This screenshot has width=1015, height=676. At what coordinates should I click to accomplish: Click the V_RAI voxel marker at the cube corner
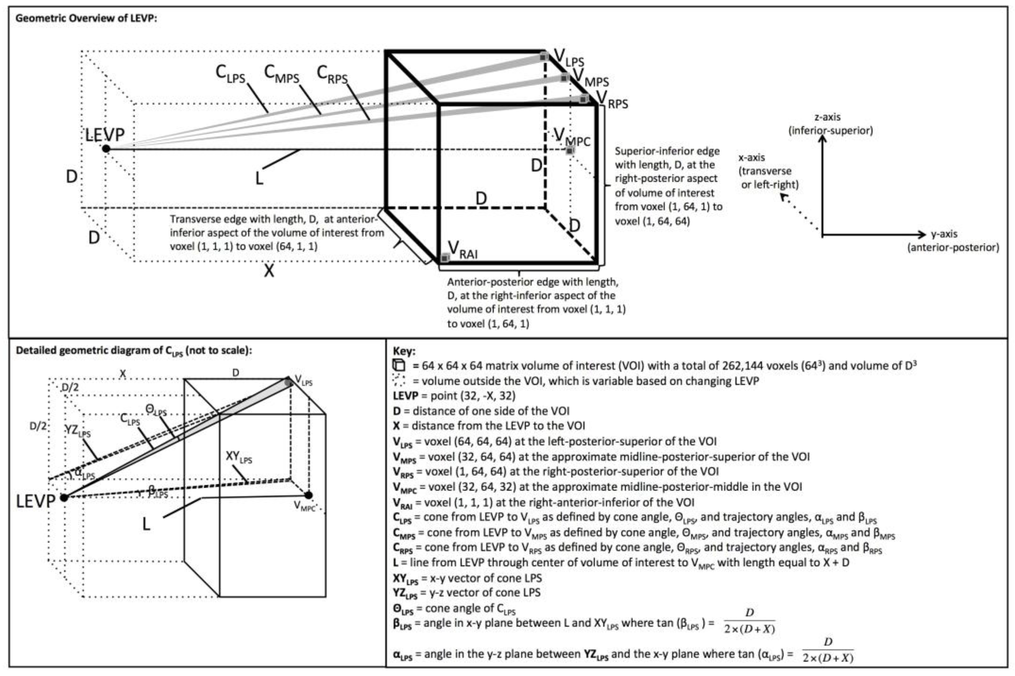445,258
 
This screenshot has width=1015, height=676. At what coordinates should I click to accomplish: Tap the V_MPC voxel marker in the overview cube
570,150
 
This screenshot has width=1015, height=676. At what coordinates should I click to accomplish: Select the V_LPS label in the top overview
568,57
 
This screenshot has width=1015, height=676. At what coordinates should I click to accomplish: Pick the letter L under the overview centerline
259,178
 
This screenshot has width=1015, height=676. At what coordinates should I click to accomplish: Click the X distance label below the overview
269,271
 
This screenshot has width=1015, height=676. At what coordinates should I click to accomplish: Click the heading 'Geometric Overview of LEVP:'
86,19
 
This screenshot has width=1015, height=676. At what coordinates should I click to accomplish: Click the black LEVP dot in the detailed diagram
64,498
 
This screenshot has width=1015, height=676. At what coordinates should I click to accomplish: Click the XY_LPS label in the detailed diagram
239,457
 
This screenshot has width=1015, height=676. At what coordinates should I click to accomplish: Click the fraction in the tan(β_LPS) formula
749,621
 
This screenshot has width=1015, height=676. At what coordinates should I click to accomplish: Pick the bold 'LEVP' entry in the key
405,396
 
